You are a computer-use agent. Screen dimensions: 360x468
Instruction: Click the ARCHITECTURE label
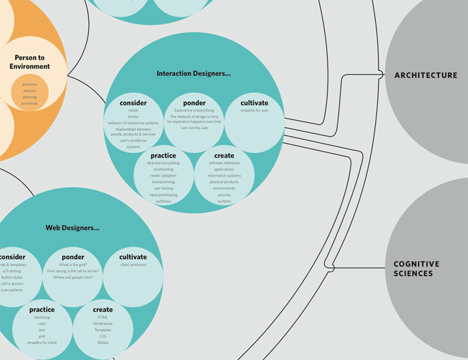(425, 75)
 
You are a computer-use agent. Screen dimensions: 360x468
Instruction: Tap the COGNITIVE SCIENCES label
(417, 268)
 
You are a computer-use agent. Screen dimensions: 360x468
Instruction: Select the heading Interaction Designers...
(194, 73)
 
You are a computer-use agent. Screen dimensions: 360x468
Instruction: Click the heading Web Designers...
(72, 228)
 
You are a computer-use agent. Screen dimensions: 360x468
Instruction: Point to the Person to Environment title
(29, 62)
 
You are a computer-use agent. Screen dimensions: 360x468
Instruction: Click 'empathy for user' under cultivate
(254, 110)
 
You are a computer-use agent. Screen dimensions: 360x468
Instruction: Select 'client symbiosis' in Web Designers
(133, 264)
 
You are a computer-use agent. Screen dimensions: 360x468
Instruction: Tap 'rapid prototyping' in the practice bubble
(163, 194)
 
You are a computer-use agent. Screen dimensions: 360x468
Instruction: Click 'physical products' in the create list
(224, 182)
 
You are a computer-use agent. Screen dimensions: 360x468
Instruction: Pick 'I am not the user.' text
(195, 128)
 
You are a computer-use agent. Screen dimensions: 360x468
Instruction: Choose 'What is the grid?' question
(73, 264)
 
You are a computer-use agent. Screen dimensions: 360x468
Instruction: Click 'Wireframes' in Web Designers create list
(103, 323)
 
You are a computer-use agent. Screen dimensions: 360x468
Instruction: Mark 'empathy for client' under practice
(42, 342)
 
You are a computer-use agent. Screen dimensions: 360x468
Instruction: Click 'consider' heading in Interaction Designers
(133, 103)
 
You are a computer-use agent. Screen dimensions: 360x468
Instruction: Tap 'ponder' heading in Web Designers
(73, 257)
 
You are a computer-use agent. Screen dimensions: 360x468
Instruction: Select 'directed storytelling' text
(163, 163)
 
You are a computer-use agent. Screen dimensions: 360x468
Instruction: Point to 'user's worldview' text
(133, 141)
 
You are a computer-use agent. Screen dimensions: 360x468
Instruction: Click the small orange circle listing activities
(29, 94)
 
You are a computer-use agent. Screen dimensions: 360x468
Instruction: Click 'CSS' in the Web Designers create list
(103, 336)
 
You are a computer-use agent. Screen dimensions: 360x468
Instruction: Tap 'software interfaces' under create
(224, 163)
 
